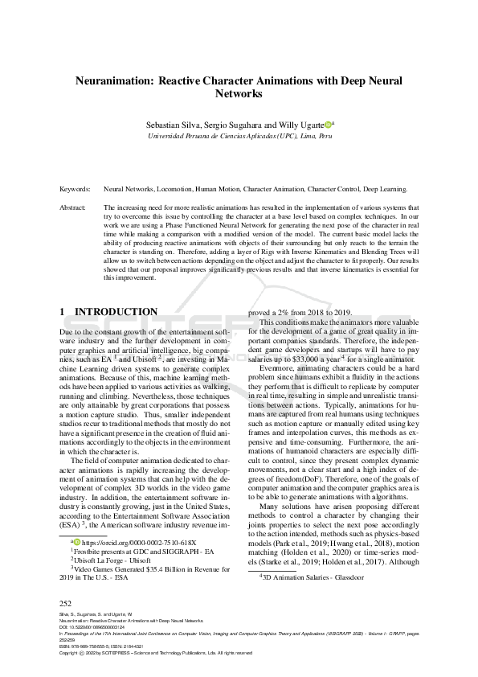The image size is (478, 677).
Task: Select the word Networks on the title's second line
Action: tap(239, 94)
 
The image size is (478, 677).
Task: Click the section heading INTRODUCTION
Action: tap(116, 311)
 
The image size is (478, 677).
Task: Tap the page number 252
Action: tap(66, 602)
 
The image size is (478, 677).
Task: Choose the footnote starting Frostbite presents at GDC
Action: tap(134, 552)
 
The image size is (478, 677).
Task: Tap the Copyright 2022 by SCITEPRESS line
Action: tap(156, 653)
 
